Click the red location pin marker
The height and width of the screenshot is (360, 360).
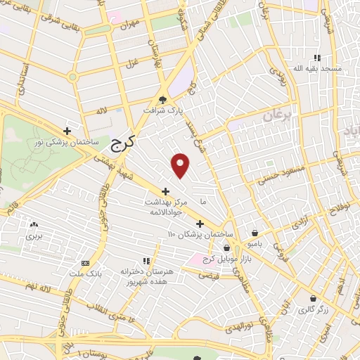pyautogui.click(x=181, y=165)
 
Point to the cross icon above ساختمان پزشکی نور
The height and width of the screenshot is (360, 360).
pyautogui.click(x=67, y=130)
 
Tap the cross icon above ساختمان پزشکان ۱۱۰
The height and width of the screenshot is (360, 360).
pyautogui.click(x=200, y=224)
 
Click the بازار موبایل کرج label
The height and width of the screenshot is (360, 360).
pyautogui.click(x=226, y=261)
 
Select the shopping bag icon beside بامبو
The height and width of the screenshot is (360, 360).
pyautogui.click(x=254, y=233)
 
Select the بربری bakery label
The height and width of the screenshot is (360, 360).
pyautogui.click(x=34, y=236)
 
